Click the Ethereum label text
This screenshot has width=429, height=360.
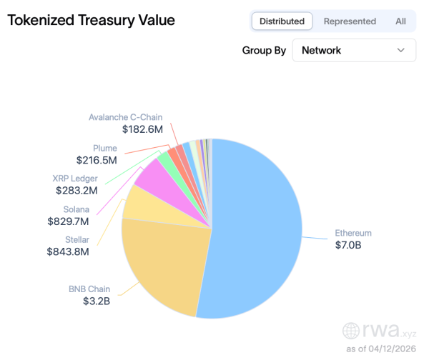(x=353, y=233)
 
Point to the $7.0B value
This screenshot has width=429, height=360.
(x=347, y=245)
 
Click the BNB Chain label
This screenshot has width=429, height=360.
(x=90, y=289)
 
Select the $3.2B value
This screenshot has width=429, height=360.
(x=96, y=301)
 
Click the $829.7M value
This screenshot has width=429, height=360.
(x=66, y=221)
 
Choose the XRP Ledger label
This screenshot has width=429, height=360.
(x=75, y=179)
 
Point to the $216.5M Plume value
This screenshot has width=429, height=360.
(x=97, y=161)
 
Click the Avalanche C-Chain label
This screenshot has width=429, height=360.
(x=126, y=117)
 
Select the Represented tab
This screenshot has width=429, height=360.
(x=350, y=21)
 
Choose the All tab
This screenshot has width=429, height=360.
(x=400, y=21)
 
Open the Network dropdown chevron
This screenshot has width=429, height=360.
(x=400, y=51)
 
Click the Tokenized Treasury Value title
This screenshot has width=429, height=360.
(x=91, y=20)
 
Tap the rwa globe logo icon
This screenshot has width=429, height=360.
(x=351, y=330)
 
